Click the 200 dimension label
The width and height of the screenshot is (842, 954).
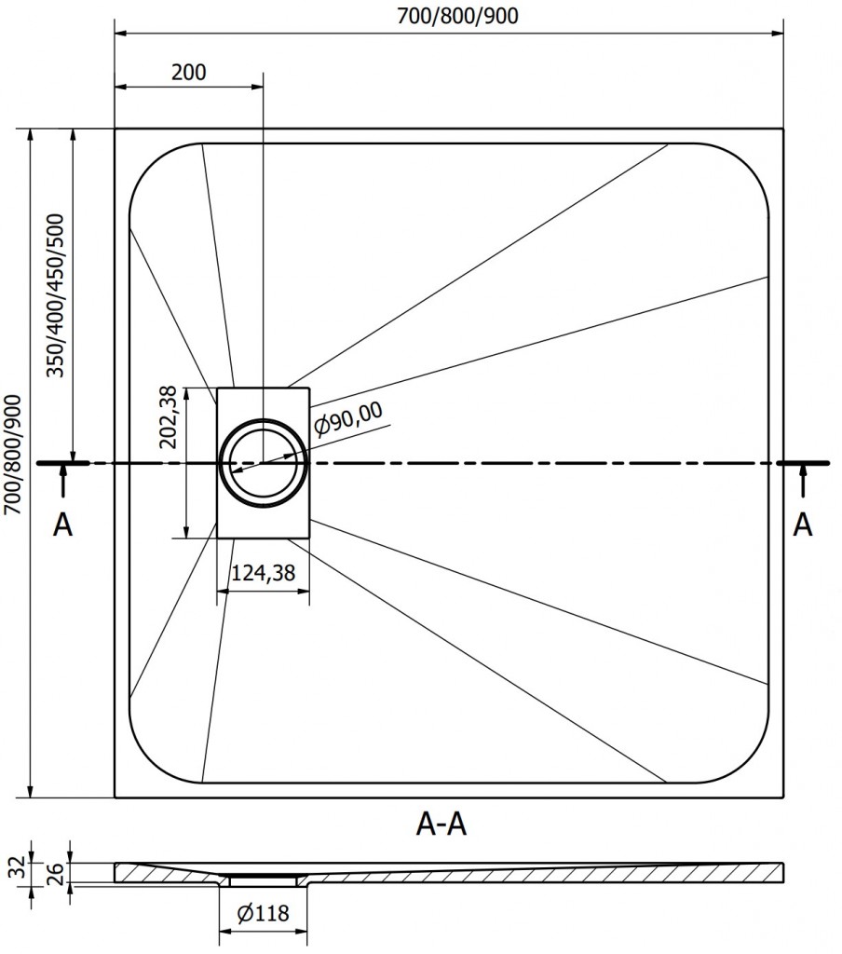click(189, 72)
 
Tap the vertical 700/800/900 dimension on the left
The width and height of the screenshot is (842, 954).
click(13, 462)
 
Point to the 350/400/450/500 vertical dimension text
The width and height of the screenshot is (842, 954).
click(56, 295)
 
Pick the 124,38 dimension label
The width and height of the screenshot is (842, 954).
click(263, 573)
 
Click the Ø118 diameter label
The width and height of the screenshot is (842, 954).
click(264, 915)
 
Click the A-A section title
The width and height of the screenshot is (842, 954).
click(440, 825)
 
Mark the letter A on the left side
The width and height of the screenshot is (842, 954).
click(62, 525)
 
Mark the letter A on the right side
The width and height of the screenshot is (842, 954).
click(802, 525)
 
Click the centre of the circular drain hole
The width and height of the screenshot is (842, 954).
click(264, 462)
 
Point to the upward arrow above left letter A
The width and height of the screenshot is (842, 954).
click(62, 483)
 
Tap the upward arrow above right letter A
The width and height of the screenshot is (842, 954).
click(802, 483)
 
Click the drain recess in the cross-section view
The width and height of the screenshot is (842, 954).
click(264, 879)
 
